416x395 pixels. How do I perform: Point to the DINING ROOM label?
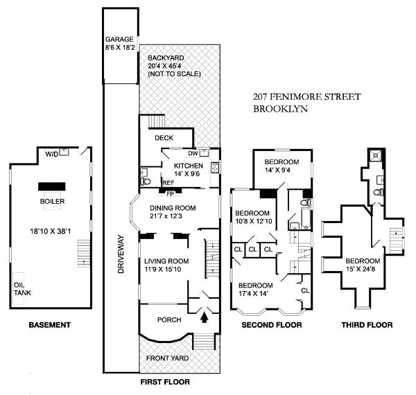click(173, 208)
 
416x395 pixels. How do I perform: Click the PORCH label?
click(170, 319)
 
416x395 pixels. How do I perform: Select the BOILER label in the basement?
click(51, 202)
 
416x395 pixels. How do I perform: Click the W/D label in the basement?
click(51, 154)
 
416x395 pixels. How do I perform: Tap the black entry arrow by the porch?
click(205, 318)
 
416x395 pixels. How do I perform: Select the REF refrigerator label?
click(148, 183)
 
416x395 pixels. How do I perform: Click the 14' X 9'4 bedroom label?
click(281, 166)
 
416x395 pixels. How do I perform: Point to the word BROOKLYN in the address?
click(280, 109)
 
